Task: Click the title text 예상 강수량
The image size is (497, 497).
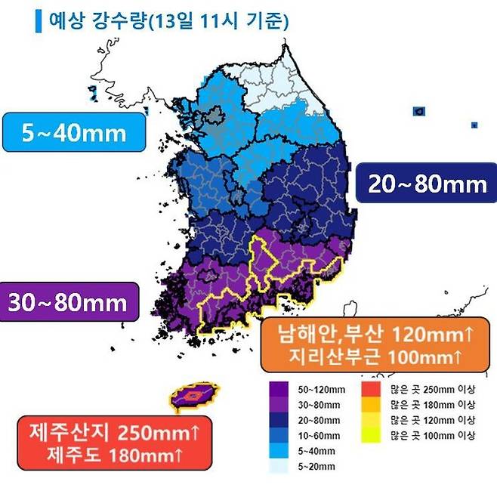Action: click(97, 20)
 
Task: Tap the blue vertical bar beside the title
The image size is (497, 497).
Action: click(39, 20)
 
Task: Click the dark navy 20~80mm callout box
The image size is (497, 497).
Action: click(428, 182)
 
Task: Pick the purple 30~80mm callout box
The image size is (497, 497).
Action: click(68, 304)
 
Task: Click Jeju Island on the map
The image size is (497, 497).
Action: click(195, 395)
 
